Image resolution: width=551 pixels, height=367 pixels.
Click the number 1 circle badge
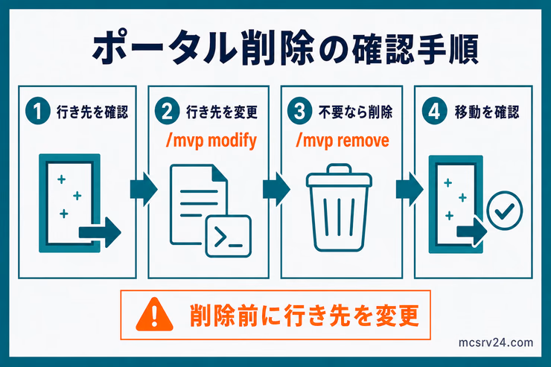click(x=38, y=111)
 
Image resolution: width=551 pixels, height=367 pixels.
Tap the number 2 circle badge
click(x=168, y=111)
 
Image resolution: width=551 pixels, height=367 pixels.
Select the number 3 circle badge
click(x=299, y=111)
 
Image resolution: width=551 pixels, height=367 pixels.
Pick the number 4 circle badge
click(x=434, y=111)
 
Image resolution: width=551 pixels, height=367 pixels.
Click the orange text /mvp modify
click(x=211, y=141)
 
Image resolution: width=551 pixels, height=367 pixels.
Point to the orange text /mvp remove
click(x=343, y=141)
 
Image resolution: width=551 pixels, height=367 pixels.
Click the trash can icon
click(x=339, y=208)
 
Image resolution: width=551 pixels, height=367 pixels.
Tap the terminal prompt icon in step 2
click(x=229, y=236)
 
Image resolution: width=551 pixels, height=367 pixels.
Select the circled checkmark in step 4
click(x=505, y=211)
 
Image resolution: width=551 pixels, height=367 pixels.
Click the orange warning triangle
click(x=155, y=315)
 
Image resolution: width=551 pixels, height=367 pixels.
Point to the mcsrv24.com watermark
click(x=495, y=342)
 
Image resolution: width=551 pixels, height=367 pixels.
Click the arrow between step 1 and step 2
click(x=144, y=190)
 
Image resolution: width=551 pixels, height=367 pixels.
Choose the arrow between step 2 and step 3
click(x=276, y=190)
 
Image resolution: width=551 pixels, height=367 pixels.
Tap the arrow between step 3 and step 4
click(x=410, y=190)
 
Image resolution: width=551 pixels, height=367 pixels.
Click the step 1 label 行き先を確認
click(x=92, y=112)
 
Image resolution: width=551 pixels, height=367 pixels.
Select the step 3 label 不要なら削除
click(x=356, y=112)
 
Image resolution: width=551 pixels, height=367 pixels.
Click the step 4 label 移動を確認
click(x=487, y=112)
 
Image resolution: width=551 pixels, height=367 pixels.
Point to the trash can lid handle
click(x=339, y=168)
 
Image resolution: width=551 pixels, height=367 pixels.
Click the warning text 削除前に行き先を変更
click(x=305, y=316)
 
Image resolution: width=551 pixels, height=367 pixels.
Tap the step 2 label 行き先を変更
click(x=222, y=112)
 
